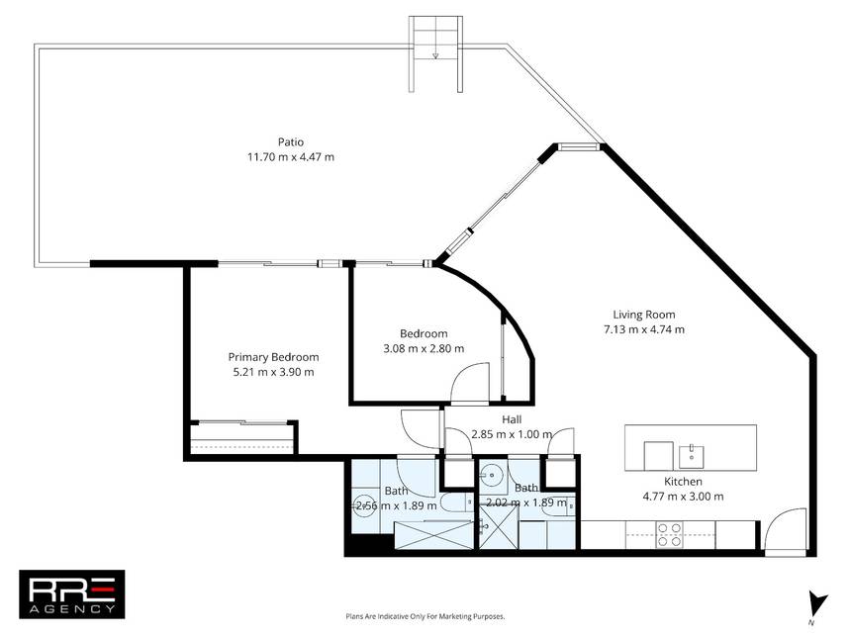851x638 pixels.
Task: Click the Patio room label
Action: pyautogui.click(x=291, y=142)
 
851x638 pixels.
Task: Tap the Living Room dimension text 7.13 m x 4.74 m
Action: pyautogui.click(x=644, y=329)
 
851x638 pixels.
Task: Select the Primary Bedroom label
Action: pyautogui.click(x=273, y=357)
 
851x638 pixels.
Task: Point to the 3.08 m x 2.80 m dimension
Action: pyautogui.click(x=424, y=348)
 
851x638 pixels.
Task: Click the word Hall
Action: pyautogui.click(x=512, y=419)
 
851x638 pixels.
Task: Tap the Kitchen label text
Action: pyautogui.click(x=684, y=481)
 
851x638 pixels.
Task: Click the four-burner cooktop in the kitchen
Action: pyautogui.click(x=670, y=534)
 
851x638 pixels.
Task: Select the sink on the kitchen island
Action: pyautogui.click(x=692, y=457)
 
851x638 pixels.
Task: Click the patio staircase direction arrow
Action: pyautogui.click(x=435, y=54)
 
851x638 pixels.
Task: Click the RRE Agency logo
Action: pyautogui.click(x=72, y=594)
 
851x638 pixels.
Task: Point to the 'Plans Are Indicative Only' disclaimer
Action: pyautogui.click(x=425, y=616)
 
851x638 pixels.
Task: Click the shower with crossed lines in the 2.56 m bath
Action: pyautogui.click(x=433, y=535)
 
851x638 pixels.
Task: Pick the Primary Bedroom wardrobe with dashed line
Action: pyautogui.click(x=242, y=438)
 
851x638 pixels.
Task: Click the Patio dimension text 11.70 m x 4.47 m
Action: pyautogui.click(x=291, y=157)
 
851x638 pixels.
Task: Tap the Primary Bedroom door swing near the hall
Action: pyautogui.click(x=420, y=428)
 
